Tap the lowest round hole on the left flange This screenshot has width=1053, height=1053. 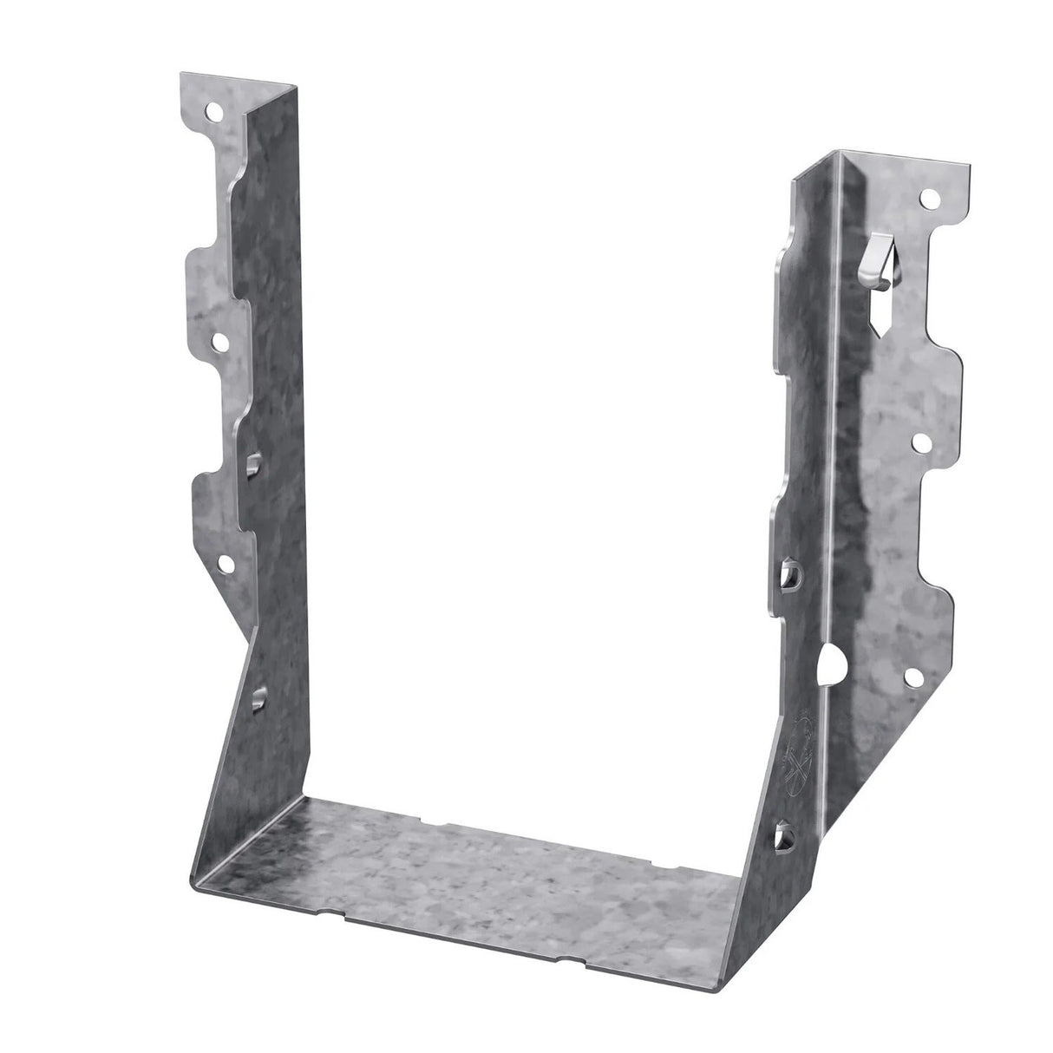point(227,565)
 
